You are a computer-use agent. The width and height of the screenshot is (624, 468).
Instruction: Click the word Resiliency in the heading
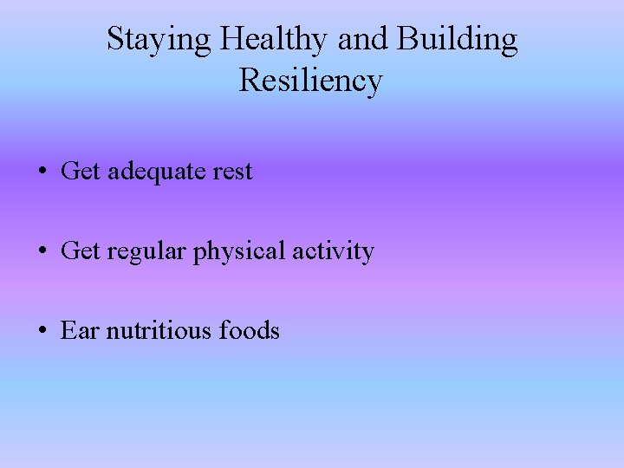pyautogui.click(x=310, y=81)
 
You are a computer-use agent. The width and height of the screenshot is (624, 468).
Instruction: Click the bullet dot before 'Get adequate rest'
pyautogui.click(x=42, y=172)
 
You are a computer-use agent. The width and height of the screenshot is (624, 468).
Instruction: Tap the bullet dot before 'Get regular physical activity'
pyautogui.click(x=42, y=251)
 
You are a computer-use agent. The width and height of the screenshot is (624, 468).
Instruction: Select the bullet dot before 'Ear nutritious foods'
pyautogui.click(x=42, y=331)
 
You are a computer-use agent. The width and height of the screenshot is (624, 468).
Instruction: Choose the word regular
pyautogui.click(x=146, y=251)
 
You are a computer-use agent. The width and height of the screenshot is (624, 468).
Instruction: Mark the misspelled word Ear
pyautogui.click(x=80, y=330)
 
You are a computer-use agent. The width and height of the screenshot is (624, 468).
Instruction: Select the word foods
pyautogui.click(x=250, y=330)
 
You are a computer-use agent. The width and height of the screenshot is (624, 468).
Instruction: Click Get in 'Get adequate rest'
pyautogui.click(x=81, y=172)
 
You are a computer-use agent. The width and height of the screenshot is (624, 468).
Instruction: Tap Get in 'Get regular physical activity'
pyautogui.click(x=81, y=251)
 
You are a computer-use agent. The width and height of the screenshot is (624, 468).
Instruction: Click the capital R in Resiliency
pyautogui.click(x=249, y=81)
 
